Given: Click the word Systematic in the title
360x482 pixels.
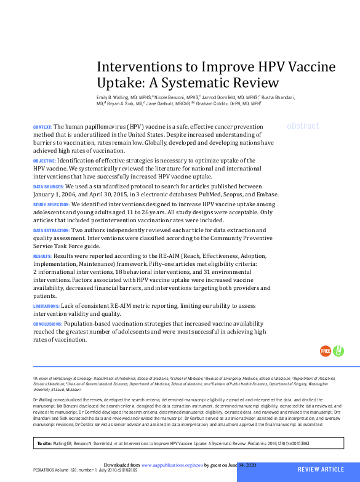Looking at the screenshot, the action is coord(192,82).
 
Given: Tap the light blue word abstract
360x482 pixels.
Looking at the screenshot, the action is coord(303,126).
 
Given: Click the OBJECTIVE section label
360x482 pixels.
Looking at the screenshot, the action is coord(44,160).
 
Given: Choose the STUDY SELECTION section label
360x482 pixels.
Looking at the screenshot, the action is coord(51,204).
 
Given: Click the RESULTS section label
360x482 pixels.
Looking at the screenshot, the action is coord(42,255).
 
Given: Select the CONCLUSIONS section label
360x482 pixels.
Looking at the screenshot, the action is coord(47,324).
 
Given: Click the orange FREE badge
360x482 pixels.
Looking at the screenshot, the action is coord(325,351).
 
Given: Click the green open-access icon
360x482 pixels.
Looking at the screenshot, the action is coord(338,351).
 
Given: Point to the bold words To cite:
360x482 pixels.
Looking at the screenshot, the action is coord(44,443).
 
